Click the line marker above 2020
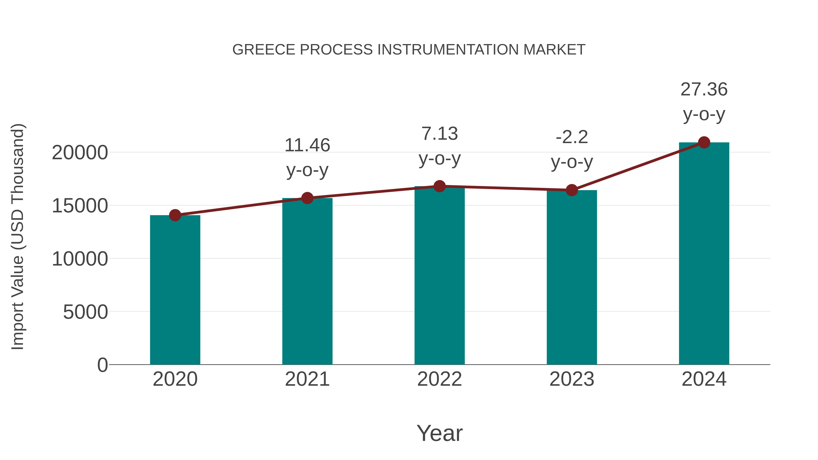click(175, 215)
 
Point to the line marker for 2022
click(439, 186)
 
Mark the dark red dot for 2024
click(704, 142)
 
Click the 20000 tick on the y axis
click(80, 153)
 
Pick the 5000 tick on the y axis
click(85, 312)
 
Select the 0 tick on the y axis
click(102, 365)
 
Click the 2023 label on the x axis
click(572, 379)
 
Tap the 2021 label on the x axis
click(307, 379)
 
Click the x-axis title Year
click(439, 433)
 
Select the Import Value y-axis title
click(17, 236)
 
